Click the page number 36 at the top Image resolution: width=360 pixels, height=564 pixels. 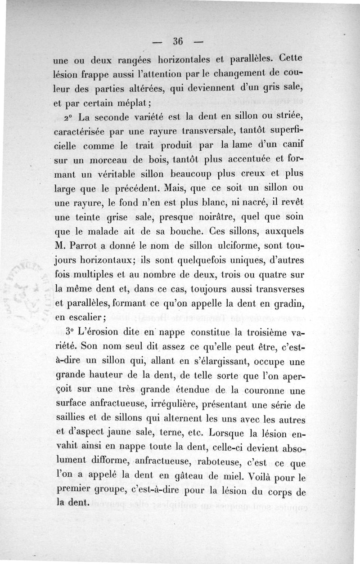176,42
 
